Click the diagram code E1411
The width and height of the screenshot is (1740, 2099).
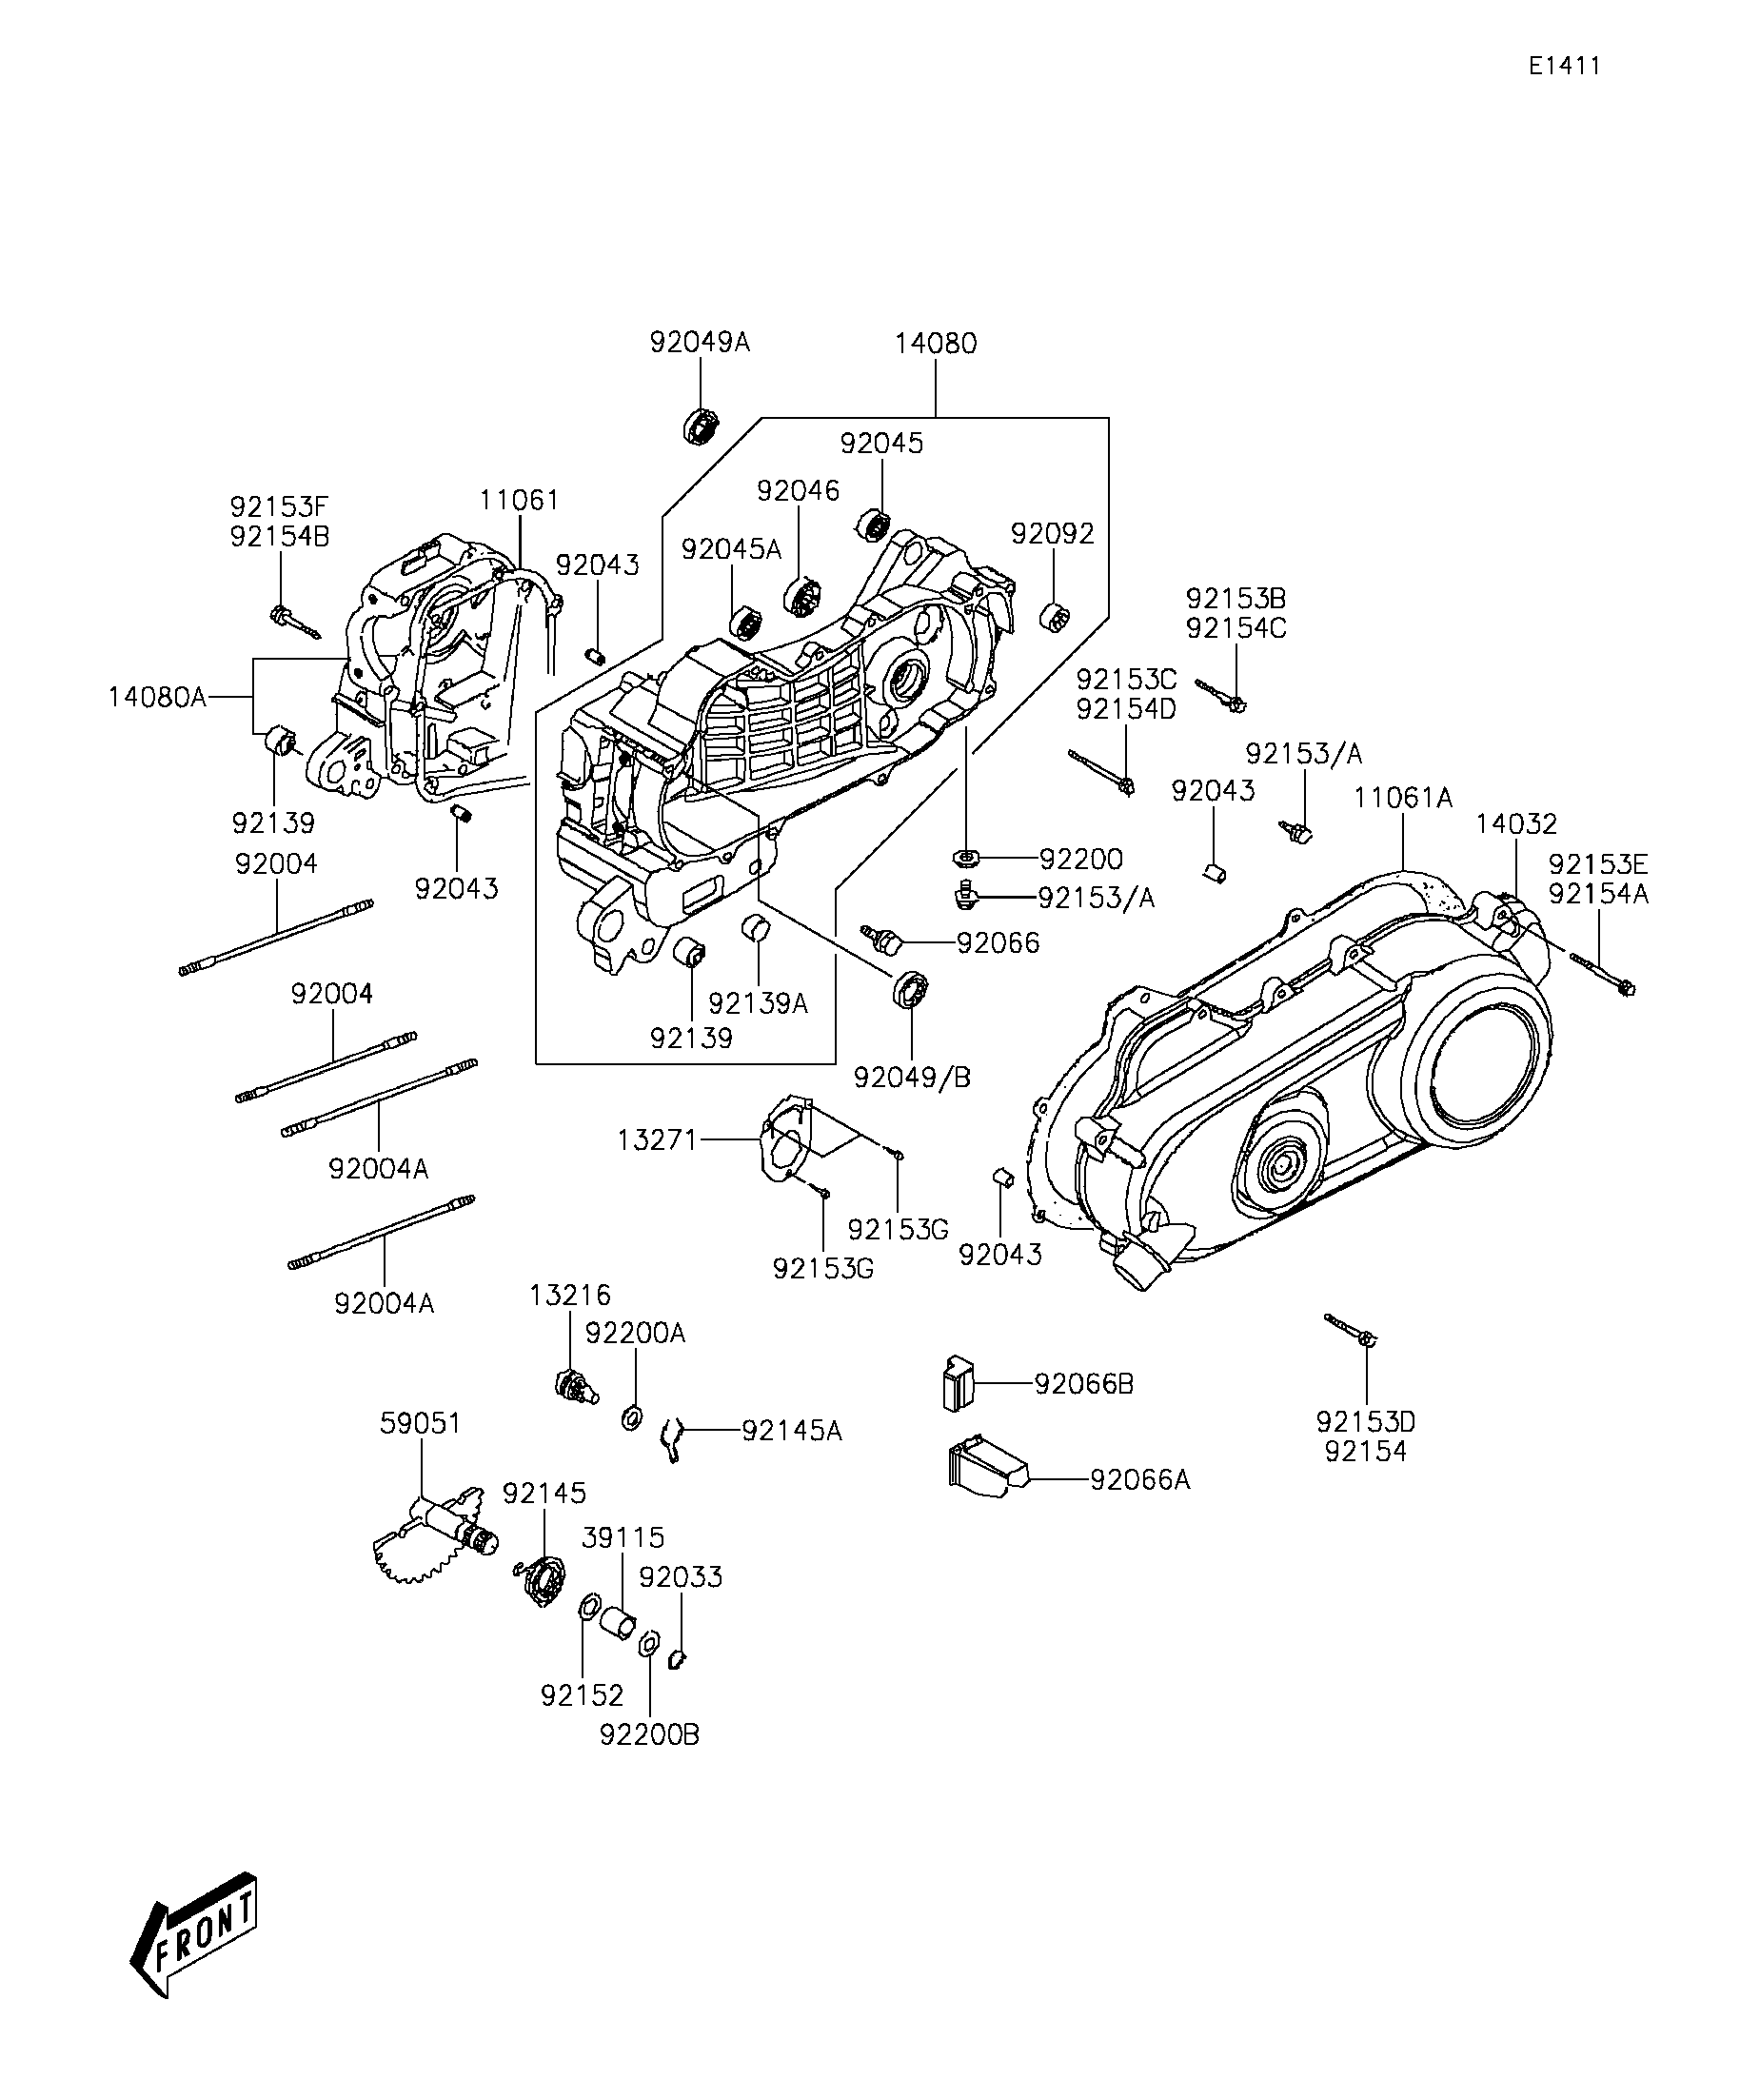(x=1564, y=66)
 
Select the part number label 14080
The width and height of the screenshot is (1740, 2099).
(x=936, y=343)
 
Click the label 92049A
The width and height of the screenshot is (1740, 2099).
(x=700, y=342)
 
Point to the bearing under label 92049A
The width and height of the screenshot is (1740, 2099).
(x=702, y=426)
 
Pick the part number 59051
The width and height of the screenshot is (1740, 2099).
(x=421, y=1422)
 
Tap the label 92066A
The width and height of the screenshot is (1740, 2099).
(x=1140, y=1479)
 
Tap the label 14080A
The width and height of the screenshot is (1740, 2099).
(x=158, y=697)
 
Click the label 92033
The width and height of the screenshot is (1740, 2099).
(x=681, y=1576)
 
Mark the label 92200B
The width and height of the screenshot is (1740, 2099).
(x=649, y=1735)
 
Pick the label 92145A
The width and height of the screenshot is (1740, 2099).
(x=792, y=1432)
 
